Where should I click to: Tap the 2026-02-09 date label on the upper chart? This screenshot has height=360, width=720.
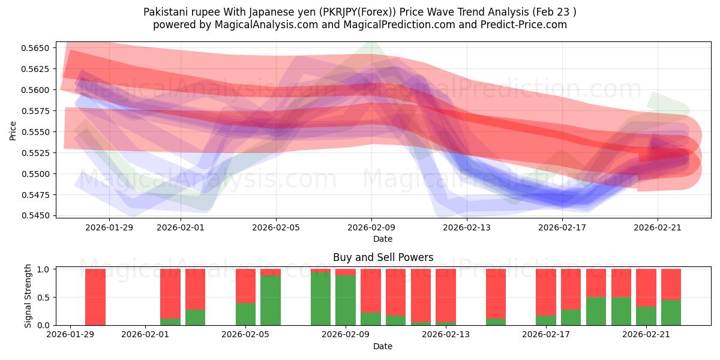click(x=371, y=227)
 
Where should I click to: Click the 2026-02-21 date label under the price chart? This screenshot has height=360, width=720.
click(x=658, y=227)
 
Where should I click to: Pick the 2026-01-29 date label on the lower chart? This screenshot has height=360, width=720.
click(x=71, y=335)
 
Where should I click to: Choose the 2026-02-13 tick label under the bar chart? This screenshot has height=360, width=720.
click(x=446, y=335)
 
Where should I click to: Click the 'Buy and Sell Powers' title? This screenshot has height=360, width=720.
click(x=383, y=257)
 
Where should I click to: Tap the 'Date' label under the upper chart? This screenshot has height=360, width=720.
click(x=383, y=239)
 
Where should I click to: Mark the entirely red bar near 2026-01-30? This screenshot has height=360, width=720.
click(x=95, y=297)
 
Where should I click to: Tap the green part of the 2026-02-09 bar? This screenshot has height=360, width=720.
click(x=346, y=300)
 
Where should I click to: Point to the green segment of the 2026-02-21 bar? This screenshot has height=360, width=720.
click(x=646, y=316)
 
